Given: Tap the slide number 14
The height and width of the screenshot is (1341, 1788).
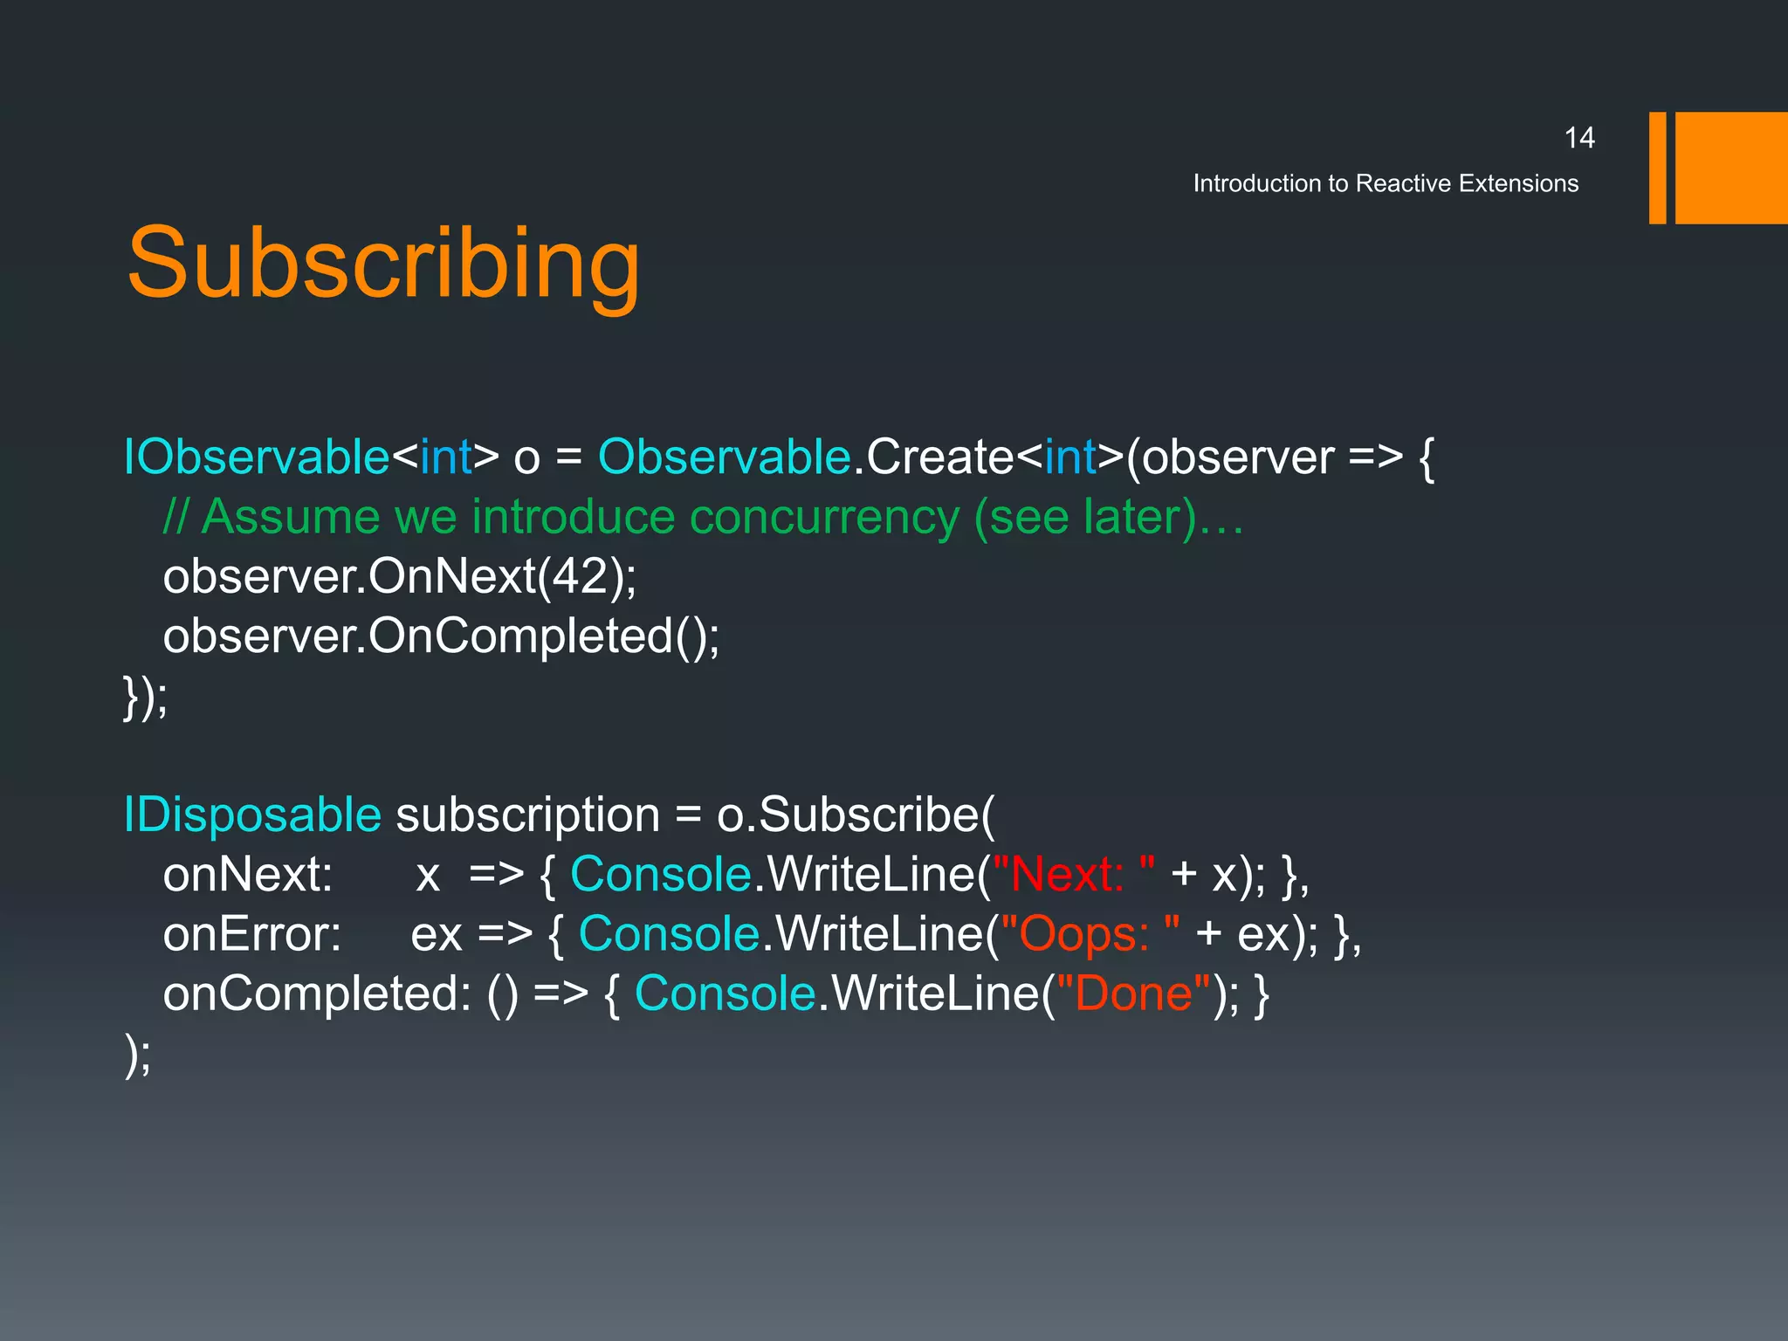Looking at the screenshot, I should click(x=1578, y=138).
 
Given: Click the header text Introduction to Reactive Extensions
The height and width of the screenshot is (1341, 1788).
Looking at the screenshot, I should click(x=1386, y=183).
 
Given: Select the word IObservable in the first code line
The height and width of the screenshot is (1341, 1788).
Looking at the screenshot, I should click(x=257, y=457).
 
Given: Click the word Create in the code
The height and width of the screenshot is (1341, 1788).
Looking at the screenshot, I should click(x=939, y=457).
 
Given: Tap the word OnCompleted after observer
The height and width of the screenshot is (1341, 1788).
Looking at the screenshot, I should click(x=520, y=636).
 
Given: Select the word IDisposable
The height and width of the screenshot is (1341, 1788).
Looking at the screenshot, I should click(x=252, y=815).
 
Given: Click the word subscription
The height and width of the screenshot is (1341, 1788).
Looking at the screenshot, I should click(x=527, y=815).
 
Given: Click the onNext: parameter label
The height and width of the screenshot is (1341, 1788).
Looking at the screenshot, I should click(x=248, y=874).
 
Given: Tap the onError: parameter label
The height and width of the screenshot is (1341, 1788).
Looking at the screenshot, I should click(x=251, y=934).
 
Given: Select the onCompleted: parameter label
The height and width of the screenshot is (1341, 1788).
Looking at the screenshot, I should click(x=317, y=994).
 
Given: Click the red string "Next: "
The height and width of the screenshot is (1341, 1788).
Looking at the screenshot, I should click(x=1074, y=874).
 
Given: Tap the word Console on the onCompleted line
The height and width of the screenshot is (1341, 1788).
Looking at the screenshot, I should click(x=725, y=994).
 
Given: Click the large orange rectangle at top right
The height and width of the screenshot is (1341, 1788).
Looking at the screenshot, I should click(x=1730, y=168).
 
